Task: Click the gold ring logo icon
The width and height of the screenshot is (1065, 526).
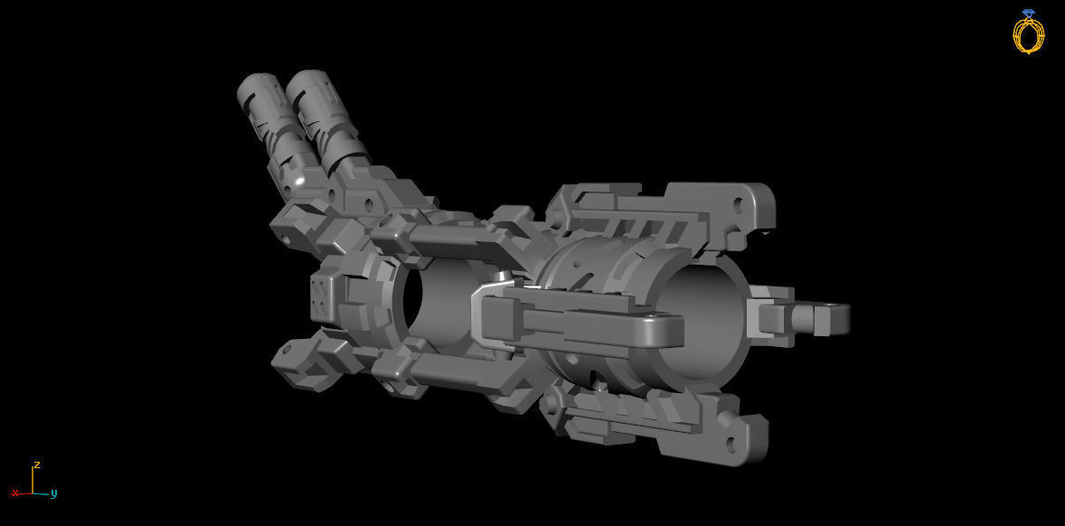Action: coord(1028,33)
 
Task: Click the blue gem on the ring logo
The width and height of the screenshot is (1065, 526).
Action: coord(1028,14)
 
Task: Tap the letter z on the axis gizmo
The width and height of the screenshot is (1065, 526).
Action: coord(36,465)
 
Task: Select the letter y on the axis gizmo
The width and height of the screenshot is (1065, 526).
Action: coord(54,493)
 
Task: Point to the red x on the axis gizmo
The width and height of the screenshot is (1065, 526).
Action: coord(14,493)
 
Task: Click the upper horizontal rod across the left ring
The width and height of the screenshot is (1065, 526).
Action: coord(443,241)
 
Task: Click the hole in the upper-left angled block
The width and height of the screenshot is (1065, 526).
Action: coord(287,240)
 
